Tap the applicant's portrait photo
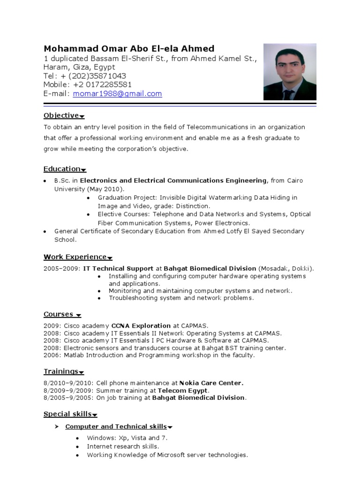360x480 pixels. point(290,72)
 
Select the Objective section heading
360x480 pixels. point(61,115)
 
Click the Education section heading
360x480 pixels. point(62,169)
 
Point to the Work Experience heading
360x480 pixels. point(75,256)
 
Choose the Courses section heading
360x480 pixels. point(59,314)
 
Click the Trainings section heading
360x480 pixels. point(61,371)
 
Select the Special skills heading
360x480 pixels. point(67,414)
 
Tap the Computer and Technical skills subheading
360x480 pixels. point(116,426)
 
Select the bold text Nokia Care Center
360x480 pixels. point(214,383)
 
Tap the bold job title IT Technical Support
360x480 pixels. point(118,269)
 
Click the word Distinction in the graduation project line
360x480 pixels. point(193,206)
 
